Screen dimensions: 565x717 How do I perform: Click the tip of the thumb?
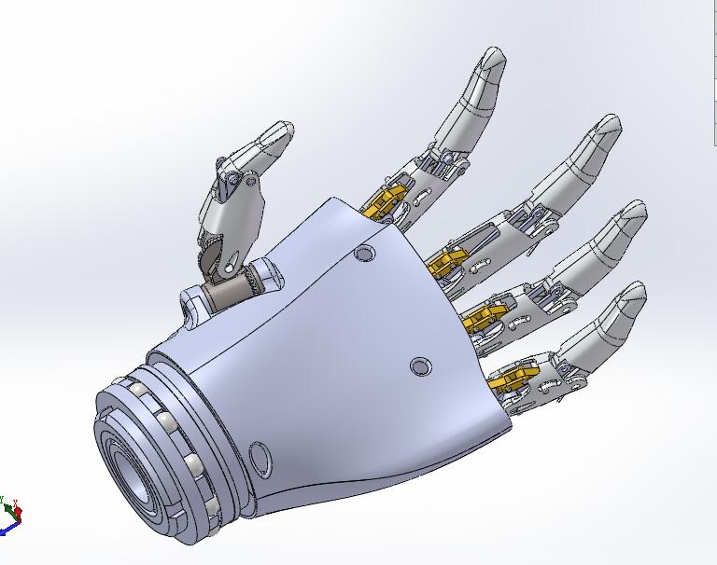tap(281, 133)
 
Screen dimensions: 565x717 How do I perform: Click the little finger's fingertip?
tap(634, 293)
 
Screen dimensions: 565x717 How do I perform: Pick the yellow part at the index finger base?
tap(387, 201)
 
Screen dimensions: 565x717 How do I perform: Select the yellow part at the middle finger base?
tap(449, 260)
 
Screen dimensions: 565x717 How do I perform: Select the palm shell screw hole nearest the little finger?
tap(421, 367)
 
